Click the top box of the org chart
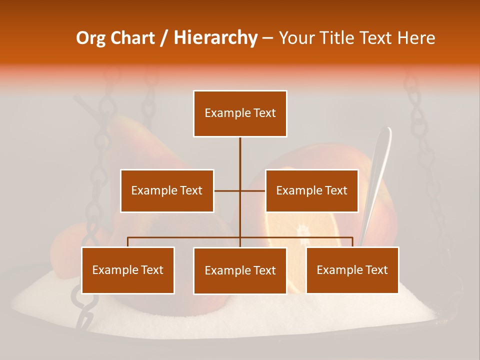pyautogui.click(x=240, y=113)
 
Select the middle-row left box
pyautogui.click(x=167, y=190)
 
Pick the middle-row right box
pyautogui.click(x=312, y=190)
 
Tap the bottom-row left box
pyautogui.click(x=128, y=270)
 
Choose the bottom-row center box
pyautogui.click(x=240, y=270)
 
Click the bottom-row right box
pyautogui.click(x=352, y=270)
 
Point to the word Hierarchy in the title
pyautogui.click(x=215, y=38)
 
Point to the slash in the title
pyautogui.click(x=164, y=38)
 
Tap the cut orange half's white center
pyautogui.click(x=302, y=231)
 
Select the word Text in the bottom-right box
pyautogui.click(x=376, y=270)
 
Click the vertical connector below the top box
pyautogui.click(x=240, y=155)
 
